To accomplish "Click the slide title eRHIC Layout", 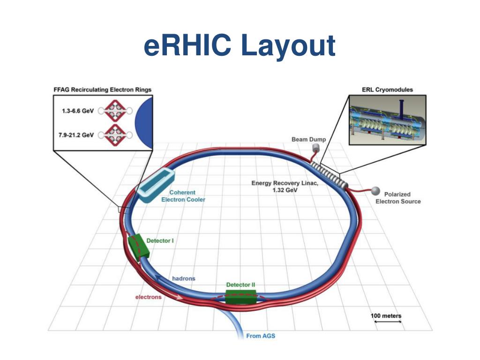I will pos(240,46).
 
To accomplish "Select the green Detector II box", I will pos(241,297).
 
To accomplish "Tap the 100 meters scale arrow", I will pos(386,322).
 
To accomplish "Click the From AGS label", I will pos(261,336).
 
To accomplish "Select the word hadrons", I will pos(183,278).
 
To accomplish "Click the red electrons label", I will pos(148,297).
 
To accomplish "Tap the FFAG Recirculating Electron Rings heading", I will pos(102,89).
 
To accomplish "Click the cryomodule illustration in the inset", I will pos(387,119).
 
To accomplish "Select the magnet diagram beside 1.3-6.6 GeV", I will pos(115,111).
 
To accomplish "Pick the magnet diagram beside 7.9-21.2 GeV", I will pos(115,135).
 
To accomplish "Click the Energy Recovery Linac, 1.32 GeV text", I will pos(285,187).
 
